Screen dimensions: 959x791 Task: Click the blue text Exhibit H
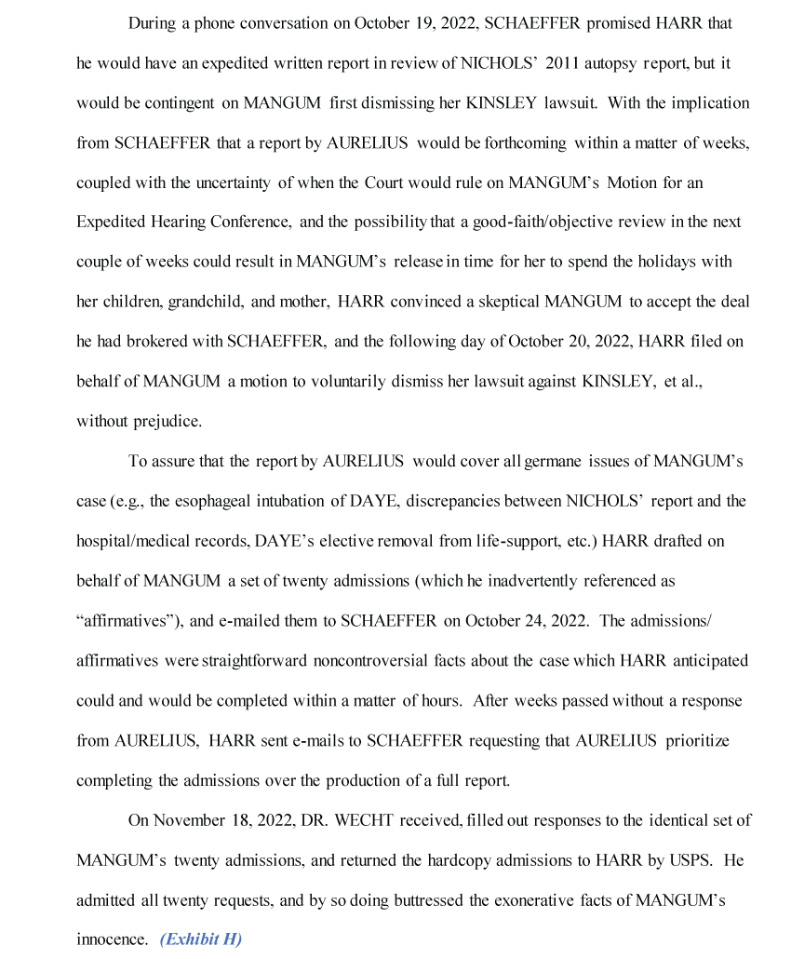pyautogui.click(x=200, y=939)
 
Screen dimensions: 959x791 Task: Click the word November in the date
pyautogui.click(x=186, y=820)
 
